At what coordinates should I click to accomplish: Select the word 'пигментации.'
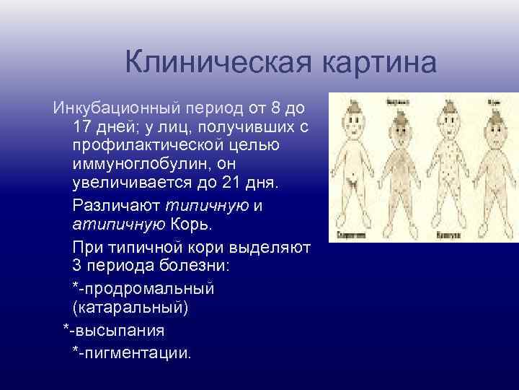[x=138, y=353]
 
